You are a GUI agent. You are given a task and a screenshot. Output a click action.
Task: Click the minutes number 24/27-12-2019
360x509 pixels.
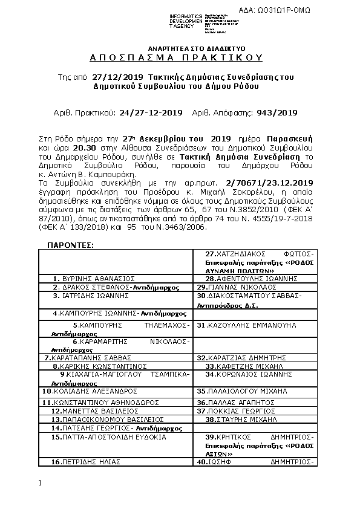point(151,112)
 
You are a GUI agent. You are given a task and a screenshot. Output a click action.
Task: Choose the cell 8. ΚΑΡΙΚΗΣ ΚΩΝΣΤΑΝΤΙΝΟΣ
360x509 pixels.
point(100,366)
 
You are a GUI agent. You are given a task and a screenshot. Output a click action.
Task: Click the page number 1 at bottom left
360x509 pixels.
point(40,483)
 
